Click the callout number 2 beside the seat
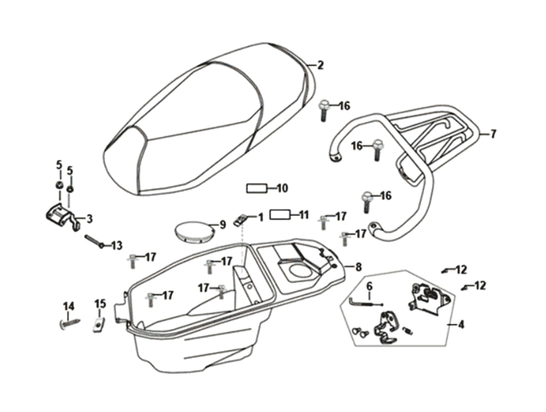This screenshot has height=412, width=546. tap(320, 65)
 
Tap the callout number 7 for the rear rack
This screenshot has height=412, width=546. tap(493, 134)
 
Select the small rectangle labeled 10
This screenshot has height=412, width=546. tap(257, 188)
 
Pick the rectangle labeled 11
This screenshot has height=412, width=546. tap(281, 214)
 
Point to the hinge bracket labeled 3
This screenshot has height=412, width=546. tap(61, 215)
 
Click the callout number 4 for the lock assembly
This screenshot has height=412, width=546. tap(461, 325)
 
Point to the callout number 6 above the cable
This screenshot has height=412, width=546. tap(369, 286)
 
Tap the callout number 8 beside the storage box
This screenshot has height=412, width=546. tap(358, 267)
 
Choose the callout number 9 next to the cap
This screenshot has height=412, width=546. tap(222, 225)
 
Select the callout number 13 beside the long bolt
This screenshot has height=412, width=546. tap(115, 245)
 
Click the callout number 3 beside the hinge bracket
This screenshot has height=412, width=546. tap(89, 219)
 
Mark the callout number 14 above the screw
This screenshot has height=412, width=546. tap(69, 307)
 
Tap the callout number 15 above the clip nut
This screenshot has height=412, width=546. tap(100, 304)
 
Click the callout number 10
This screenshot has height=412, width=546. tap(282, 188)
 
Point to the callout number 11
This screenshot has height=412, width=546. tap(304, 214)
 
